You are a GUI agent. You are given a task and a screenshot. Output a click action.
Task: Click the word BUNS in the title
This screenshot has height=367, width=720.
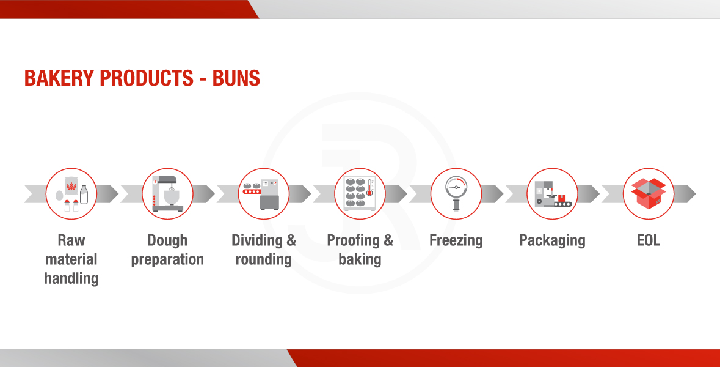pos(236,78)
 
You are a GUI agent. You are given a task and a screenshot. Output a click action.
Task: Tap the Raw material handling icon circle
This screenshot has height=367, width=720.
pos(71,194)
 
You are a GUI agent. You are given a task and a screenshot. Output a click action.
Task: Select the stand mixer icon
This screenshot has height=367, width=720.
pos(167,194)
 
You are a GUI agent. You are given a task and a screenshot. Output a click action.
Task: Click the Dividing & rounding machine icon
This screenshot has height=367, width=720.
pos(262,195)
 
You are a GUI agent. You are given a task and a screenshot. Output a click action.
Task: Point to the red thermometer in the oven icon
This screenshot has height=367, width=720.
pos(369,187)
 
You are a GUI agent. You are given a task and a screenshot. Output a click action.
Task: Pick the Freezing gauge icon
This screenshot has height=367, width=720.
pos(456,193)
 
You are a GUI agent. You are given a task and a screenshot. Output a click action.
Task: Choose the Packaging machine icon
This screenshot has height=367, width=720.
pos(553,194)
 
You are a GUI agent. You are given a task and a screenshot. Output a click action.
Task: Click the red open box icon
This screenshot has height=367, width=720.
pos(649,194)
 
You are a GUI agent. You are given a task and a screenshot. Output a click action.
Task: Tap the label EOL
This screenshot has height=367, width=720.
pos(649,240)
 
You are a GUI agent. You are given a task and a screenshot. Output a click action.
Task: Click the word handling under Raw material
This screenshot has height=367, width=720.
pos(71,279)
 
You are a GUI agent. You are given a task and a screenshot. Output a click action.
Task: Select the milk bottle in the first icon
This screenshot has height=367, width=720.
pos(84,195)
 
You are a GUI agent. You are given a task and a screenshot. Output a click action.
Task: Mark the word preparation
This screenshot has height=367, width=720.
pos(167,260)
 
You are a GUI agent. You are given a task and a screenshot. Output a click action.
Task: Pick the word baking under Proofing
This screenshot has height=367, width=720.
pos(360,260)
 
